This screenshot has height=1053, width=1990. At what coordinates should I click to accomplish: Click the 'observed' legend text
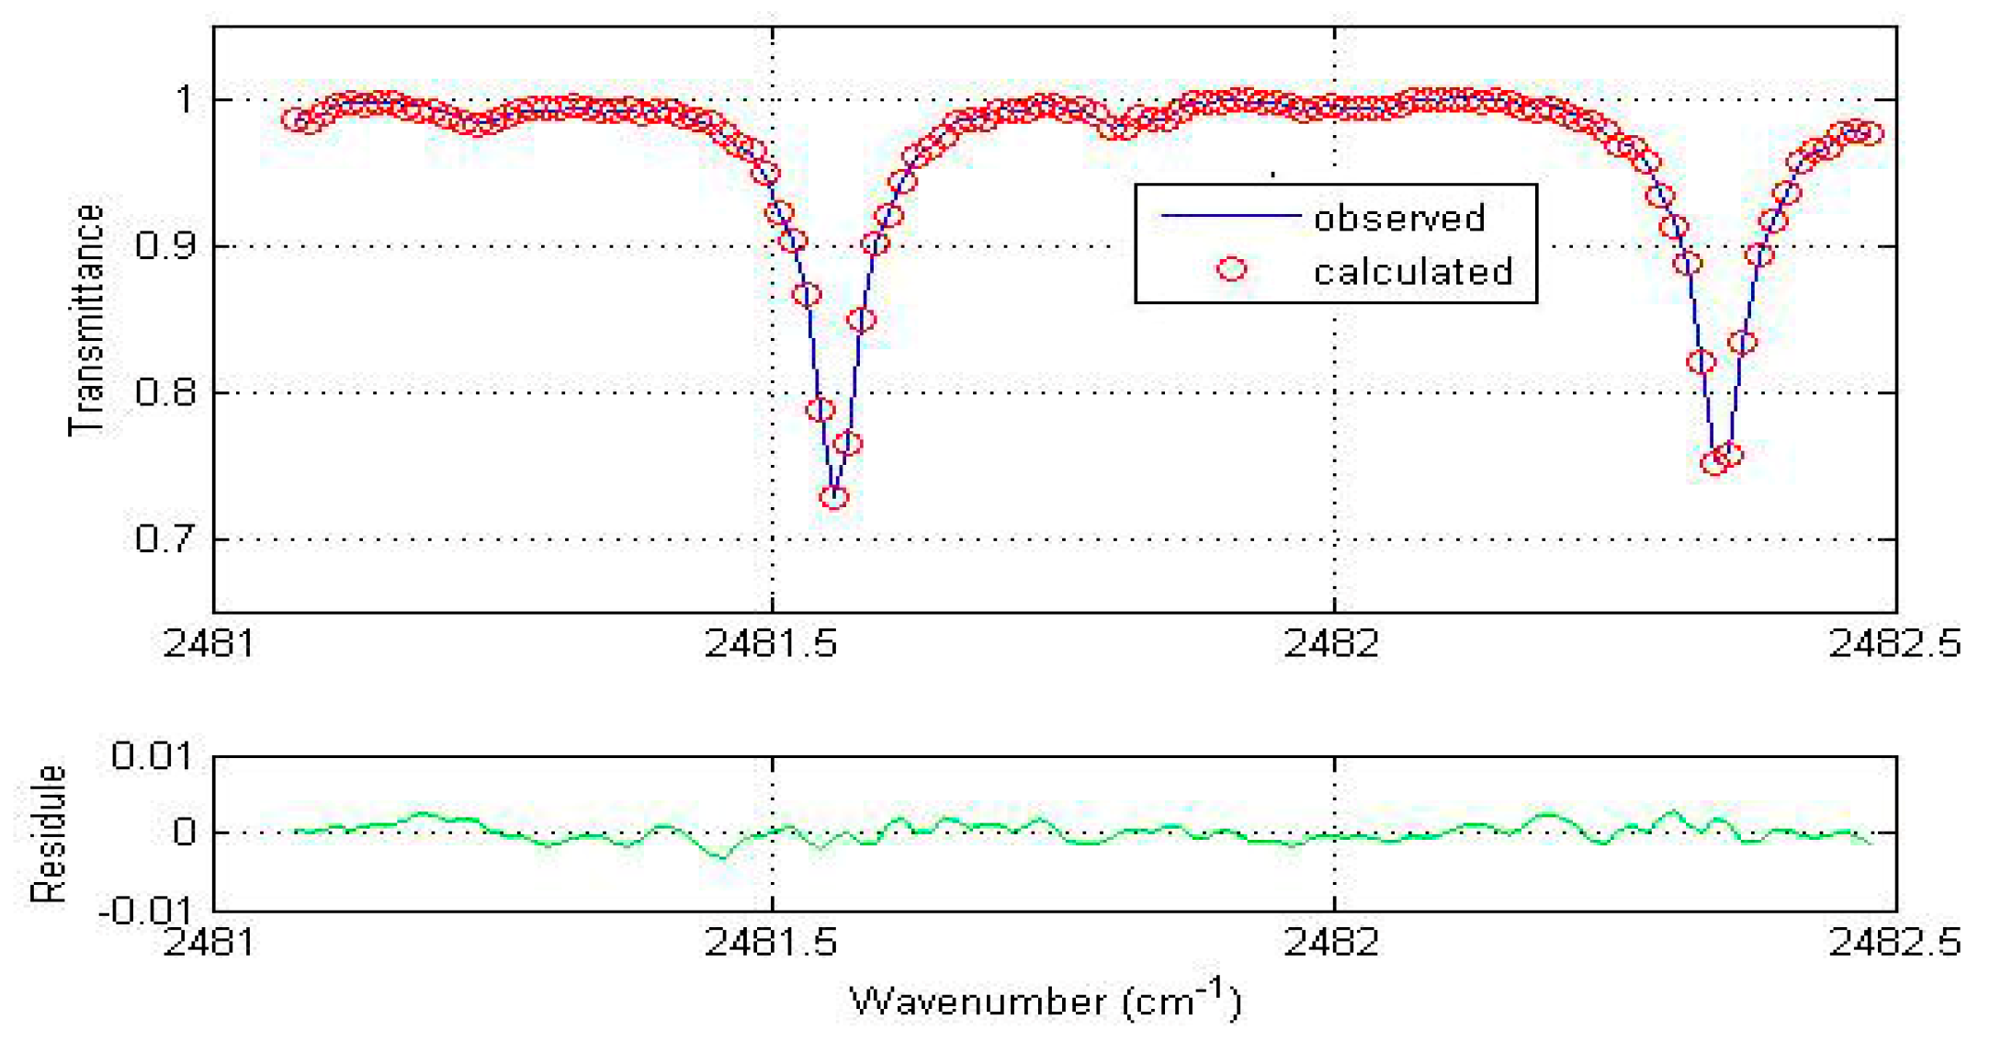coord(1398,219)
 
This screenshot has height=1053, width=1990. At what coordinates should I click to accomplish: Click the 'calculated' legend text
coord(1412,272)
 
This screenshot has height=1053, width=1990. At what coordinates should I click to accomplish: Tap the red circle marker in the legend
coord(1231,269)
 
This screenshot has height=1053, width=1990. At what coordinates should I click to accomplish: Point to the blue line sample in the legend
coord(1231,216)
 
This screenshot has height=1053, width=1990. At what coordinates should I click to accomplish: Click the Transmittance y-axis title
coord(87,320)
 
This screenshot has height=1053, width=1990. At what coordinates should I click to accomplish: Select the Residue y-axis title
coord(48,833)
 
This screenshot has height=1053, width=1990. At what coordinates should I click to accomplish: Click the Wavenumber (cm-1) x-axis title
coord(1045,1000)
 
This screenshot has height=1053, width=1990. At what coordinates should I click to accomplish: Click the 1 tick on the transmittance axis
coord(186,99)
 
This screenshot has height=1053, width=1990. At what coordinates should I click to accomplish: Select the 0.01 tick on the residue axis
coord(153,756)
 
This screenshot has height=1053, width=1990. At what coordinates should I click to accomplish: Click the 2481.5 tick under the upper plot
coord(771,643)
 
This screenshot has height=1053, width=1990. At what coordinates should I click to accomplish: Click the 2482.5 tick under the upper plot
coord(1894,643)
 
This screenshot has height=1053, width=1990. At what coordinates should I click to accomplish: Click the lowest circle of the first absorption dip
coord(833,497)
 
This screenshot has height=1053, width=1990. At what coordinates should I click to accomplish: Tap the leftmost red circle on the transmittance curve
coord(294,119)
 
